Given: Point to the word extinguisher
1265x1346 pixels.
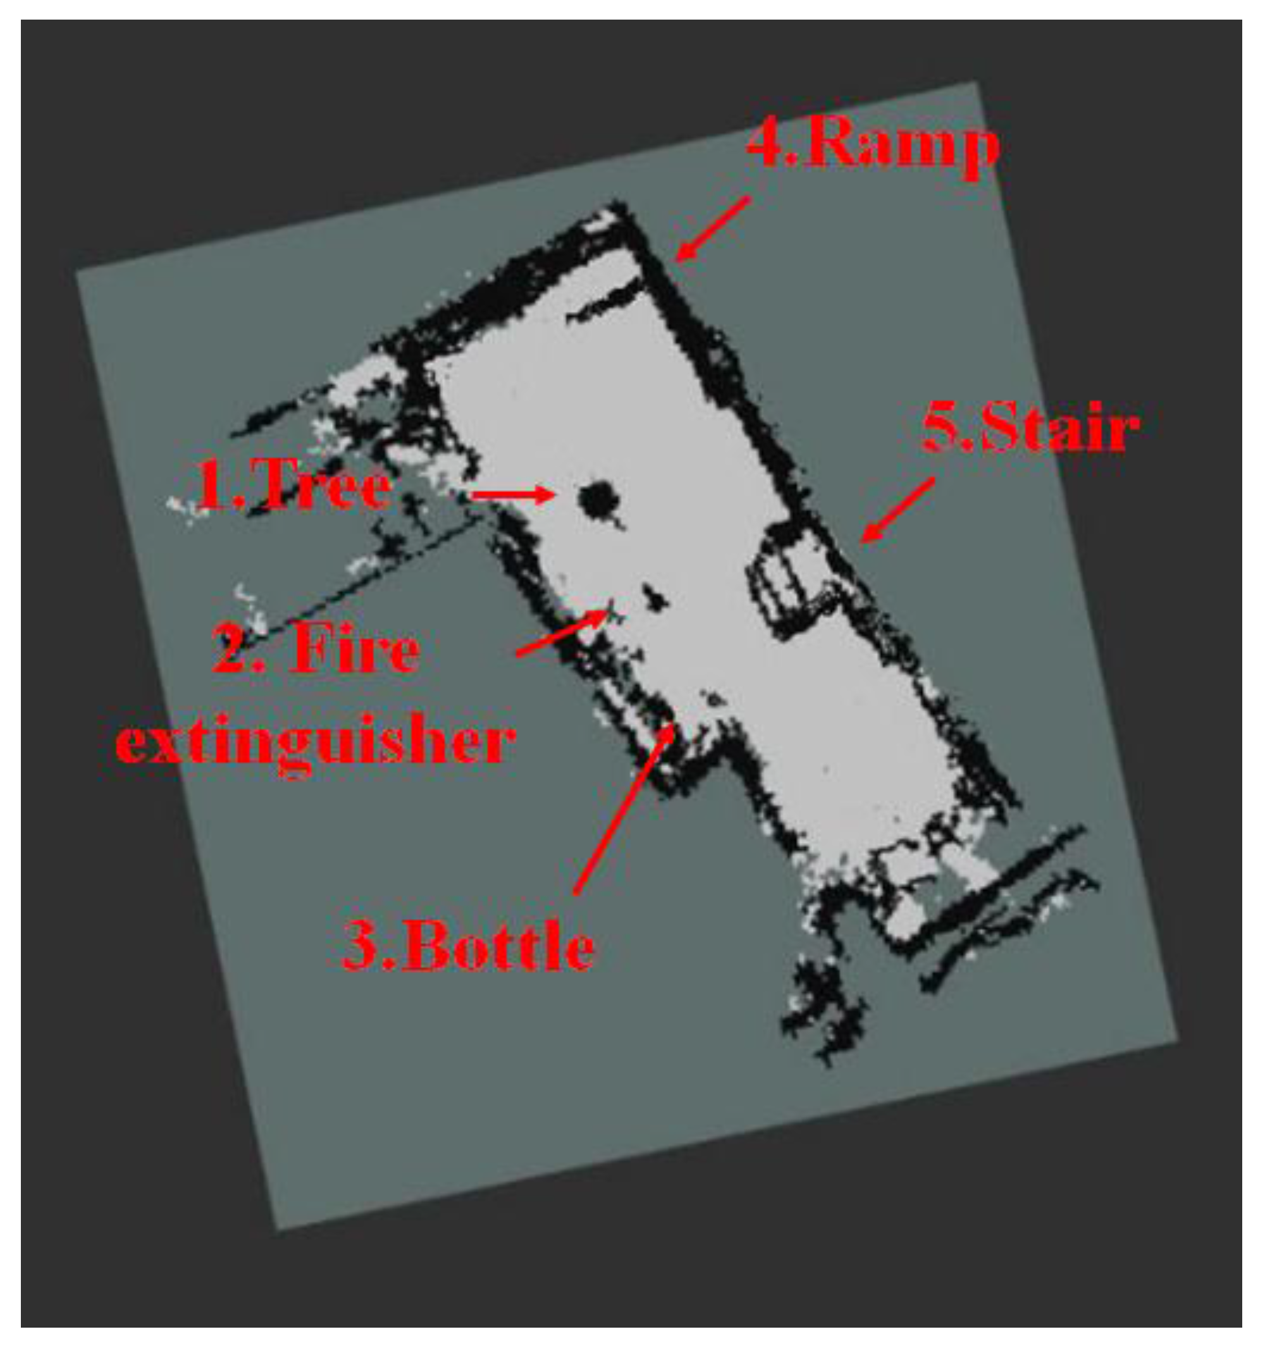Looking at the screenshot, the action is pyautogui.click(x=316, y=742).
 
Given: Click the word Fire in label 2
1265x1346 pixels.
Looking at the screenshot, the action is pyautogui.click(x=354, y=648).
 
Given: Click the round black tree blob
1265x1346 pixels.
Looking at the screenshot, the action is pyautogui.click(x=598, y=501).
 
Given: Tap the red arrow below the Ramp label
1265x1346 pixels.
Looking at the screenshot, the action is pyautogui.click(x=712, y=229).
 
